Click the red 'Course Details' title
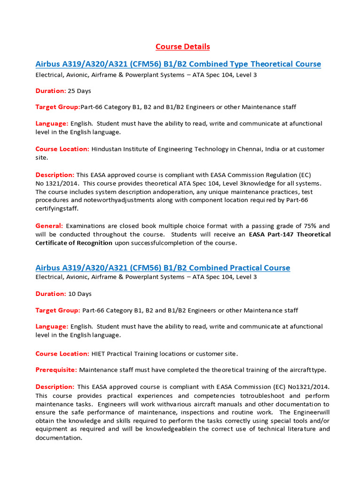click(x=183, y=47)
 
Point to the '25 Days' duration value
click(x=80, y=91)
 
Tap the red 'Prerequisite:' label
click(x=56, y=370)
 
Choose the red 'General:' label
click(x=50, y=226)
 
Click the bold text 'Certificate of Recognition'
click(x=74, y=243)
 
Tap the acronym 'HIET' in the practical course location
click(x=99, y=353)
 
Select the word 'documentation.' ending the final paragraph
click(x=59, y=437)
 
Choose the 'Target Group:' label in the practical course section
click(x=58, y=310)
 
